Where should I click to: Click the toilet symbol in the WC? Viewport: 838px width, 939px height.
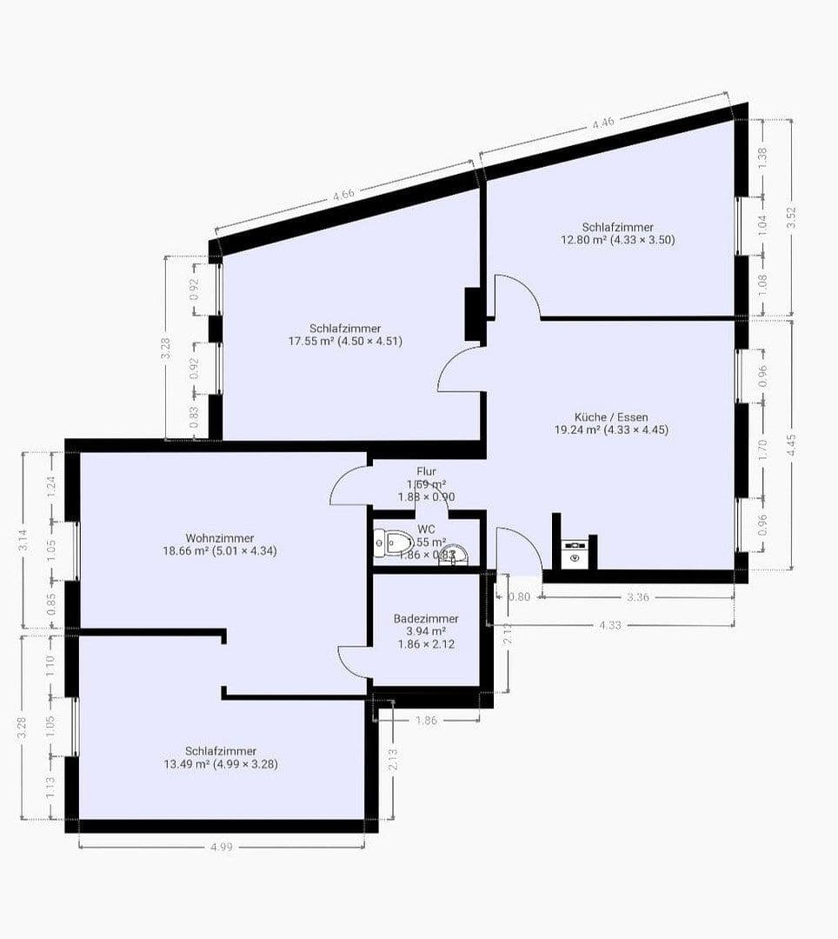tap(392, 543)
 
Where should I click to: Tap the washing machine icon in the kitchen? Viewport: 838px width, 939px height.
tap(574, 554)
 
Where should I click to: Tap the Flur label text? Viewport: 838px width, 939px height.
tap(426, 471)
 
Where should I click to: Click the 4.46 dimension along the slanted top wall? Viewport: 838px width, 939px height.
tap(603, 123)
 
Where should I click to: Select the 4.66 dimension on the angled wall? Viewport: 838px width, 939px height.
tap(343, 196)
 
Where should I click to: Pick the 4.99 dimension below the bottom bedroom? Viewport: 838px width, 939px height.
tap(222, 849)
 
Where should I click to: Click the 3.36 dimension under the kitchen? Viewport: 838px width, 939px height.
tap(639, 597)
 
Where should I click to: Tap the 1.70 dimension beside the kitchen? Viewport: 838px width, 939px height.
tap(763, 450)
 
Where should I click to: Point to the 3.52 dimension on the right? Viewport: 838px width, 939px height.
tap(791, 216)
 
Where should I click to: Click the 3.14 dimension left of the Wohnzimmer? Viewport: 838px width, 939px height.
tap(23, 540)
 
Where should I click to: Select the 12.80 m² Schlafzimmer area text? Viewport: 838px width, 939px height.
tap(618, 239)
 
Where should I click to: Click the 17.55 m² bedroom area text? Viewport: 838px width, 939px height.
tap(345, 341)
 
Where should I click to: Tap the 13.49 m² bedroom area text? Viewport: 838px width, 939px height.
tap(220, 764)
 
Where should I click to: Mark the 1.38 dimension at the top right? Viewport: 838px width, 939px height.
tap(763, 157)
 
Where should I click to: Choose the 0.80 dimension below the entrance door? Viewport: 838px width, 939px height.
tap(518, 597)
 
